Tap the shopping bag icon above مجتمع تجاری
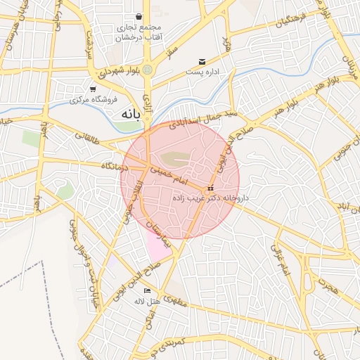point(139,15)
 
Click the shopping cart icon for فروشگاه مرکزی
point(93,89)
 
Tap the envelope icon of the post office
point(202,62)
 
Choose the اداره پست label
point(204,72)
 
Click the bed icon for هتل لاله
point(147,290)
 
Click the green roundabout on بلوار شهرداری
point(148,70)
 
